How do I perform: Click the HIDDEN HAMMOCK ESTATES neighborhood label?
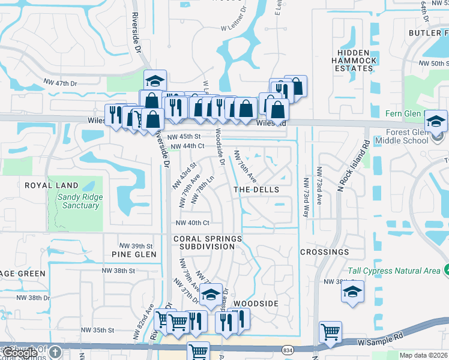(354, 61)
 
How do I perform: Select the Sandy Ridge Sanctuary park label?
(80, 201)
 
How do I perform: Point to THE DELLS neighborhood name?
(256, 189)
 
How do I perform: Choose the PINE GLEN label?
(134, 254)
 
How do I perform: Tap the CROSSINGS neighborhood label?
(324, 252)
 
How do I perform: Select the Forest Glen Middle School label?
(401, 137)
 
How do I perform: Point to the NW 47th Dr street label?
(60, 83)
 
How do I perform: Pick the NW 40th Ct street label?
(192, 223)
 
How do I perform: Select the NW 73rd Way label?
(306, 197)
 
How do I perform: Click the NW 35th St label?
(98, 330)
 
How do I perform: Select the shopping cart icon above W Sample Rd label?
(330, 331)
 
